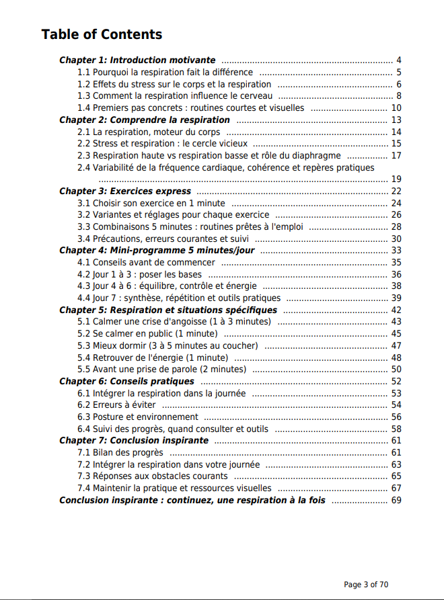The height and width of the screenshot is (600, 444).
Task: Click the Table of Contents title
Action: [x=102, y=34]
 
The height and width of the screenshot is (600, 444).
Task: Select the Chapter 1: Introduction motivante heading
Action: [x=137, y=60]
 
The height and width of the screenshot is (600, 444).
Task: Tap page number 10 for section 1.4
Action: [x=396, y=108]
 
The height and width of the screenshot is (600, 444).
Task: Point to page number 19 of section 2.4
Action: [x=396, y=179]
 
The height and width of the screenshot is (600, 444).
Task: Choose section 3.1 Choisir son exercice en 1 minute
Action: [x=151, y=203]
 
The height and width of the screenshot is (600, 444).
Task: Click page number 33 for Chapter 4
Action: [x=396, y=251]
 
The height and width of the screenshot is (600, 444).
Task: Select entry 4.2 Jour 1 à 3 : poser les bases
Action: [x=139, y=274]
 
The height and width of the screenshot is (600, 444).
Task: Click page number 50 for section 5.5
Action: [x=396, y=369]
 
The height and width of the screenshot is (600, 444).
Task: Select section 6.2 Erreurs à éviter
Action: [x=116, y=404]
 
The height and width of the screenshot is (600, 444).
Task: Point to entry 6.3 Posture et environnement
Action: [x=137, y=417]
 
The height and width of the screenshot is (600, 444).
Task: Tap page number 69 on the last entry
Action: [x=396, y=500]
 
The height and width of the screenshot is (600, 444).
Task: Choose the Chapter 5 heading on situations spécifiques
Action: [x=168, y=310]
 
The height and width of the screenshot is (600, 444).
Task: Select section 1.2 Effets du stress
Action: [x=174, y=84]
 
